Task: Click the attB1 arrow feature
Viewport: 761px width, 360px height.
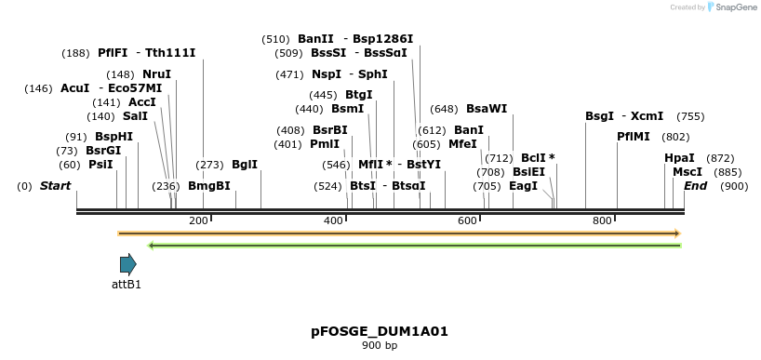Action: point(127,264)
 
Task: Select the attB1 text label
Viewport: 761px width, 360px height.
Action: point(127,285)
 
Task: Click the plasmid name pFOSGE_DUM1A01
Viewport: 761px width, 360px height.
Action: point(380,331)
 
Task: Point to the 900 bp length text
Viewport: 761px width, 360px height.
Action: point(380,346)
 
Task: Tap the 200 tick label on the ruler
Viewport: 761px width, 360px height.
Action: point(198,220)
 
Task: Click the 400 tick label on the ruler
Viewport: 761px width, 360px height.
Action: point(333,220)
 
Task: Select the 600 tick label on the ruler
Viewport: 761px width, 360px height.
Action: point(467,220)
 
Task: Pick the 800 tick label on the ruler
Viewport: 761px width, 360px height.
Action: point(602,220)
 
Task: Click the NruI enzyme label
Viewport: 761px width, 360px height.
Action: point(156,74)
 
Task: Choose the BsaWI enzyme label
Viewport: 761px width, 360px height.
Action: point(487,109)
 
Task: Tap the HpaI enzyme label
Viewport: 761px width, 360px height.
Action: point(679,158)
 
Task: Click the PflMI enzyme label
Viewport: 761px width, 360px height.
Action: point(634,137)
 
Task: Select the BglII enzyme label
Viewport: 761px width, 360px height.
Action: point(245,165)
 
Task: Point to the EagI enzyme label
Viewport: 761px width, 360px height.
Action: point(524,186)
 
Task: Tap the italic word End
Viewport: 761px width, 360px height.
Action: point(695,186)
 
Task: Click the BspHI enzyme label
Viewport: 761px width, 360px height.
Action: point(113,137)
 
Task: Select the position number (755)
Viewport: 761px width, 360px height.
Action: point(690,116)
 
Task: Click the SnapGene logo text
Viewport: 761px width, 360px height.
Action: point(735,7)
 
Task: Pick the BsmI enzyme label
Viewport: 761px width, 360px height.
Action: point(348,109)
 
